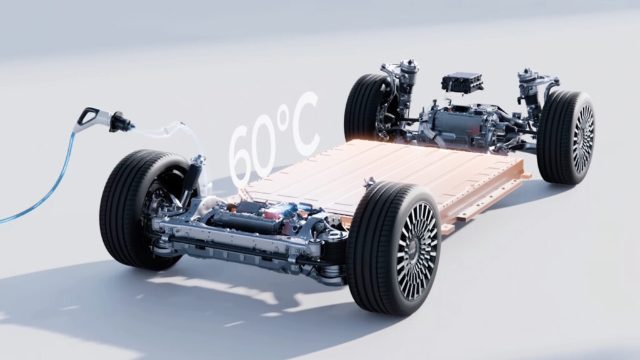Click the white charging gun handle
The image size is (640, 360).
(89, 118)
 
